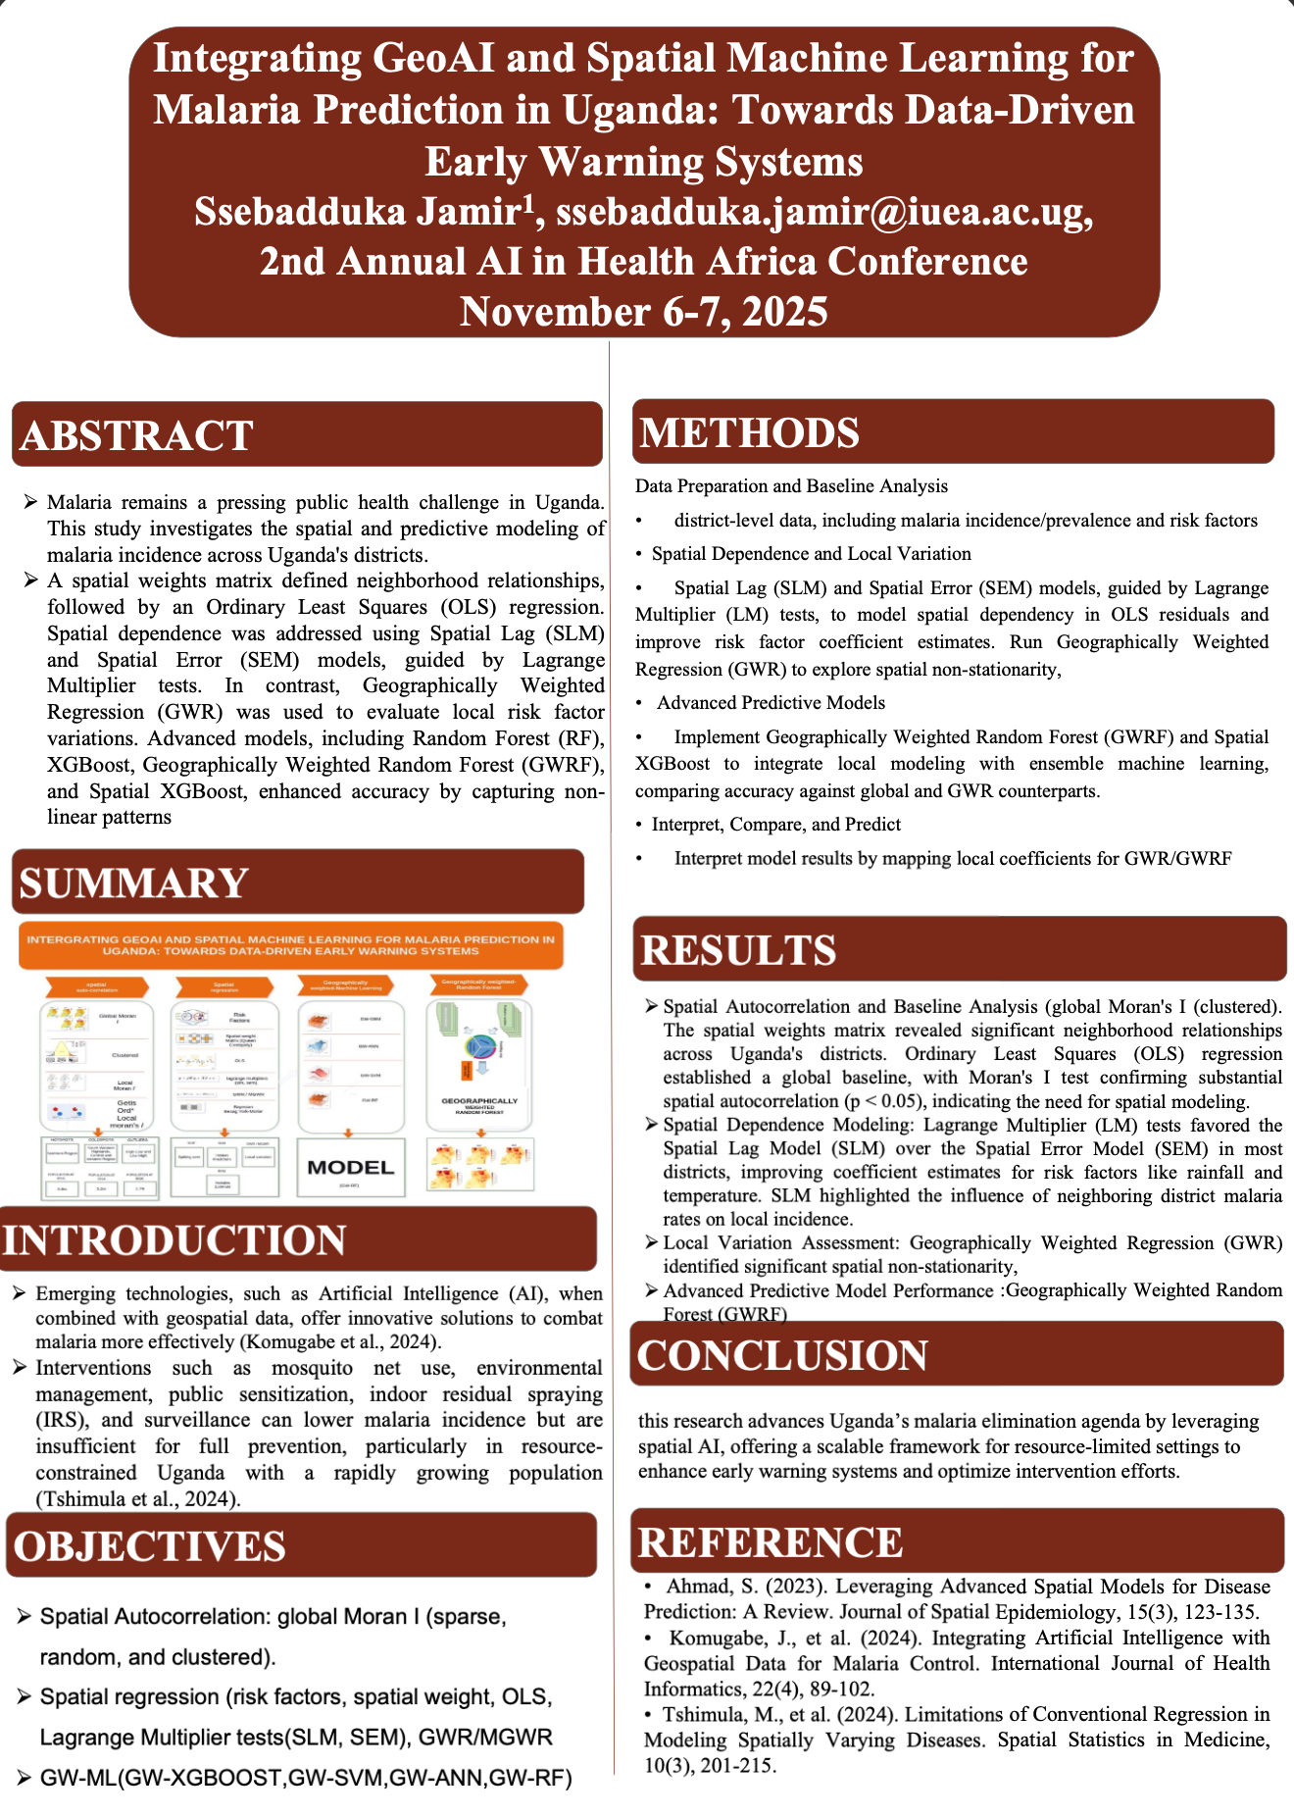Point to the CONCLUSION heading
(782, 1356)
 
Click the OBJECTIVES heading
(150, 1546)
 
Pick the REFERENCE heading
(770, 1542)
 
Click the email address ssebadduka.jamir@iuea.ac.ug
(823, 212)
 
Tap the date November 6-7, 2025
(644, 312)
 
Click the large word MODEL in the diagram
(350, 1167)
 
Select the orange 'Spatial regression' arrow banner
(224, 986)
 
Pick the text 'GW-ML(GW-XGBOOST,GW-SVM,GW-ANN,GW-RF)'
(306, 1778)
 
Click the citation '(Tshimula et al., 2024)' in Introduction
(137, 1498)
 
